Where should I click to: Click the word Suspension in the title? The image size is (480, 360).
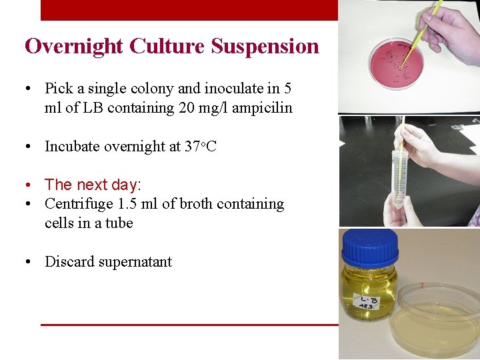click(x=265, y=46)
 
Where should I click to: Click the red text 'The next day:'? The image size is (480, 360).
click(x=93, y=185)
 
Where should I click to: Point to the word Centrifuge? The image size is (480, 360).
click(x=79, y=204)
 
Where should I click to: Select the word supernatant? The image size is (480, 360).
click(x=135, y=262)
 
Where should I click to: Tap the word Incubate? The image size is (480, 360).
click(x=73, y=147)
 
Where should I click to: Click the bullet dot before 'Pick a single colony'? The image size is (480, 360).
click(x=29, y=89)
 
